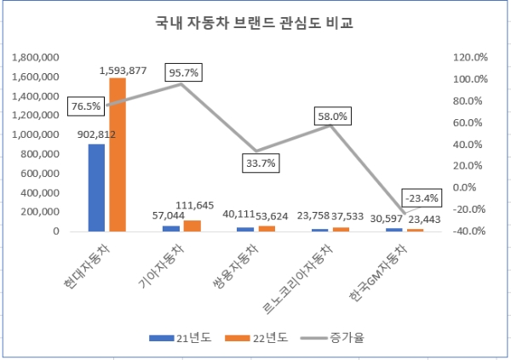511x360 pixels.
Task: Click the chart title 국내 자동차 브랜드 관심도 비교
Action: (255, 22)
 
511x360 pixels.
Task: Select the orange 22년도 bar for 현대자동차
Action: (117, 154)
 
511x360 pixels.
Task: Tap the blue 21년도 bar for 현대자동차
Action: (96, 187)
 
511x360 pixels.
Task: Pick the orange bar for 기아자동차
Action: (192, 226)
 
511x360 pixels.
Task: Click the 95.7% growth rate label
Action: (183, 73)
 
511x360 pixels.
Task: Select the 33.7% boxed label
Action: (260, 163)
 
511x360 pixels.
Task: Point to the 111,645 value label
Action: (195, 204)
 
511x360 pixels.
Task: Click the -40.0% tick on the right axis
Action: (469, 231)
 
